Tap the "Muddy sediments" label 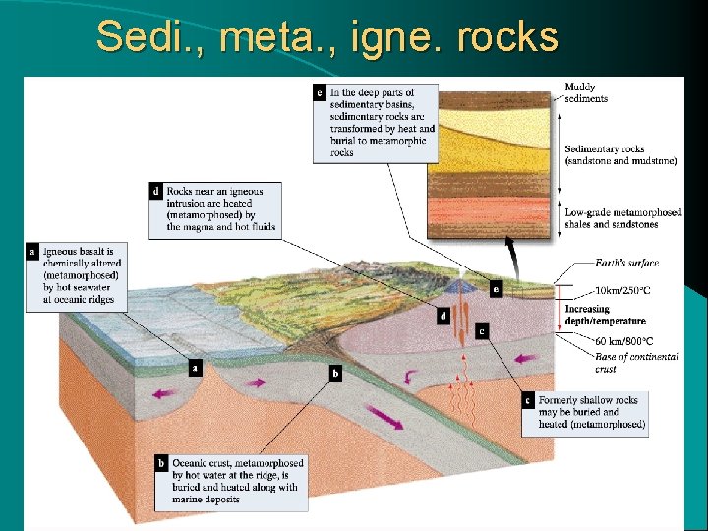click(x=586, y=92)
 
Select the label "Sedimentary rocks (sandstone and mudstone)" click(x=619, y=155)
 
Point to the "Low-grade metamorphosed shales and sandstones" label click(x=622, y=218)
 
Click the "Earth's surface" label click(x=626, y=264)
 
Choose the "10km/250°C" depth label click(x=622, y=291)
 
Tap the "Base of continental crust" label click(x=635, y=362)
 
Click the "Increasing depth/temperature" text click(x=605, y=315)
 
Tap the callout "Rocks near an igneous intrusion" click(x=221, y=207)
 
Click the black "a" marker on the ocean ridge click(x=196, y=368)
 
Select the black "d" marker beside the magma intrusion click(x=443, y=317)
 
